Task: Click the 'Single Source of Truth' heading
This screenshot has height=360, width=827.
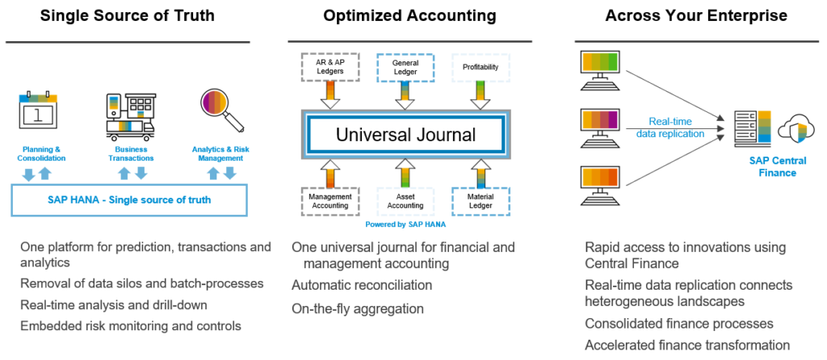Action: coord(127,15)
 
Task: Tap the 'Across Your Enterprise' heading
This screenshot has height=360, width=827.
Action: coord(696,15)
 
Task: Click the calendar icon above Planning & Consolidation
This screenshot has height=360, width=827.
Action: coord(40,112)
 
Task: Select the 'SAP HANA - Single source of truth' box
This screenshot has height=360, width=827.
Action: coord(129,199)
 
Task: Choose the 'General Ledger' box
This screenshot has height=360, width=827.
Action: coord(405,67)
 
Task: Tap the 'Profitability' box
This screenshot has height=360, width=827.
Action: coord(481,67)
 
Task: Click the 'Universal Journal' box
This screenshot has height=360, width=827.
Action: coord(405,134)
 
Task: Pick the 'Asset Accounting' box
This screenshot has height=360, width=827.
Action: coord(405,201)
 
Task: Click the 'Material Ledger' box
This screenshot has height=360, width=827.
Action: coord(481,201)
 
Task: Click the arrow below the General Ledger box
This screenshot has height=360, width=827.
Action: coord(405,94)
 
